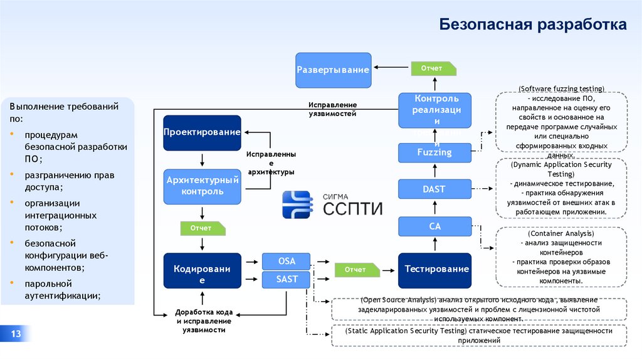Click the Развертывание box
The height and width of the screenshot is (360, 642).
(x=333, y=70)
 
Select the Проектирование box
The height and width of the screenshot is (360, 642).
(x=202, y=132)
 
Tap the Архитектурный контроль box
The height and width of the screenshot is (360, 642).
(x=202, y=186)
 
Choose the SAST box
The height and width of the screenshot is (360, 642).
(x=287, y=280)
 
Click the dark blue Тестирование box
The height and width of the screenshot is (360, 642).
(x=435, y=270)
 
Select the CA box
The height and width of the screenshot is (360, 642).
(x=435, y=226)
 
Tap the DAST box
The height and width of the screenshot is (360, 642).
(x=435, y=189)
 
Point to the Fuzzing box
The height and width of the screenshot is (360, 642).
(x=435, y=152)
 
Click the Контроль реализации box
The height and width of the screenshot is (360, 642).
(x=435, y=110)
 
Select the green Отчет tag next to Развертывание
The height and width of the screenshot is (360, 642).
(x=432, y=68)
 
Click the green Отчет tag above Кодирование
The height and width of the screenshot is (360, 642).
(x=201, y=228)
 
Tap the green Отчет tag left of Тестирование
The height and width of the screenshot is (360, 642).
(x=356, y=270)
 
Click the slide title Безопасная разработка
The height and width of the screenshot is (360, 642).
(x=532, y=25)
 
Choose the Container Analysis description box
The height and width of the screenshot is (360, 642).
(x=561, y=257)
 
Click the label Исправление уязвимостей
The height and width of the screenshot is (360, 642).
(x=332, y=109)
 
